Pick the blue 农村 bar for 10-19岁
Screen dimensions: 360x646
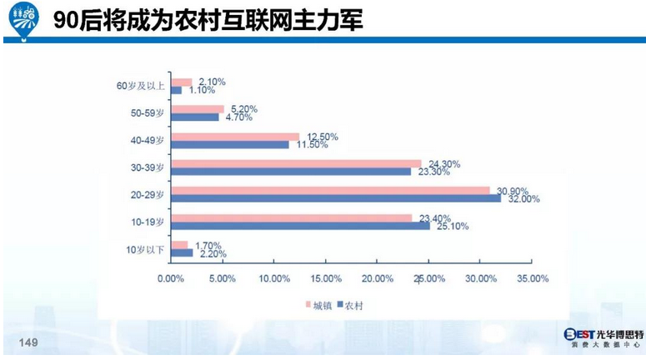click(x=299, y=226)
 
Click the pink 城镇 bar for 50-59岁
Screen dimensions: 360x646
click(x=197, y=109)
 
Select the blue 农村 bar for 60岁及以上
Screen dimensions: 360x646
click(x=175, y=90)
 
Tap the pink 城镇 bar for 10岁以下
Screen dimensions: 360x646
click(x=178, y=244)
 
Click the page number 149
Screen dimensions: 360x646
click(x=28, y=343)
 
